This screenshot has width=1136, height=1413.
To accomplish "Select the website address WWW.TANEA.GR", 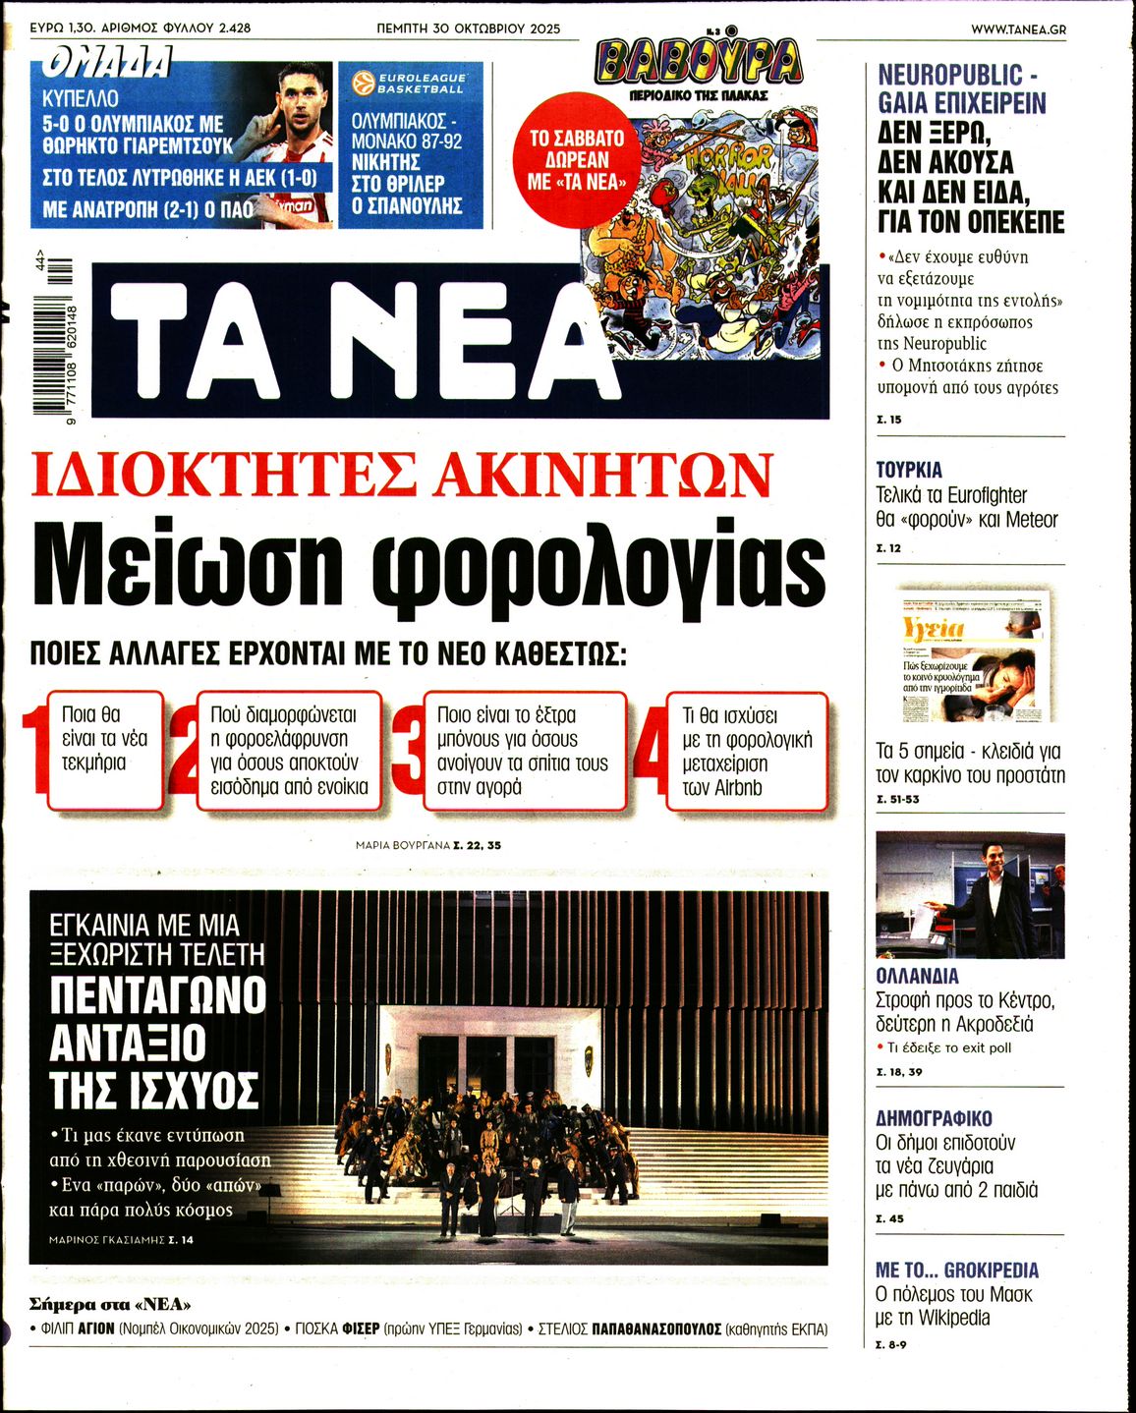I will point(1018,28).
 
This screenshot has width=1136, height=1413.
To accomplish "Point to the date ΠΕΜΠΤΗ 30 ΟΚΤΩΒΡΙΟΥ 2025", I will point(469,28).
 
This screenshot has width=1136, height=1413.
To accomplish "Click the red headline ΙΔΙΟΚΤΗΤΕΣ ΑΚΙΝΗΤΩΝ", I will point(402,477).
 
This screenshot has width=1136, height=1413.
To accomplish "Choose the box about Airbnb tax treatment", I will point(747,752).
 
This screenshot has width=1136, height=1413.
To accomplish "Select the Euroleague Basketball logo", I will point(410,83).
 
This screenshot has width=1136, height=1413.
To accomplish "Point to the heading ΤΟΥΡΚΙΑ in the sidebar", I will point(909,470).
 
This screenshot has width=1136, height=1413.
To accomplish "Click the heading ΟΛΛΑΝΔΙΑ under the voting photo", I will point(917,977).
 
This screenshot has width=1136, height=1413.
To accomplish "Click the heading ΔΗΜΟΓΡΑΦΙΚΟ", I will point(934,1118).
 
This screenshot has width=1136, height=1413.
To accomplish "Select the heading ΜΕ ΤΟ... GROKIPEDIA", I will point(956,1270).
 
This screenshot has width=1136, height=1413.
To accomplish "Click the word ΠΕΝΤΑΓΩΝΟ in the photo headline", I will point(158,994).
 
